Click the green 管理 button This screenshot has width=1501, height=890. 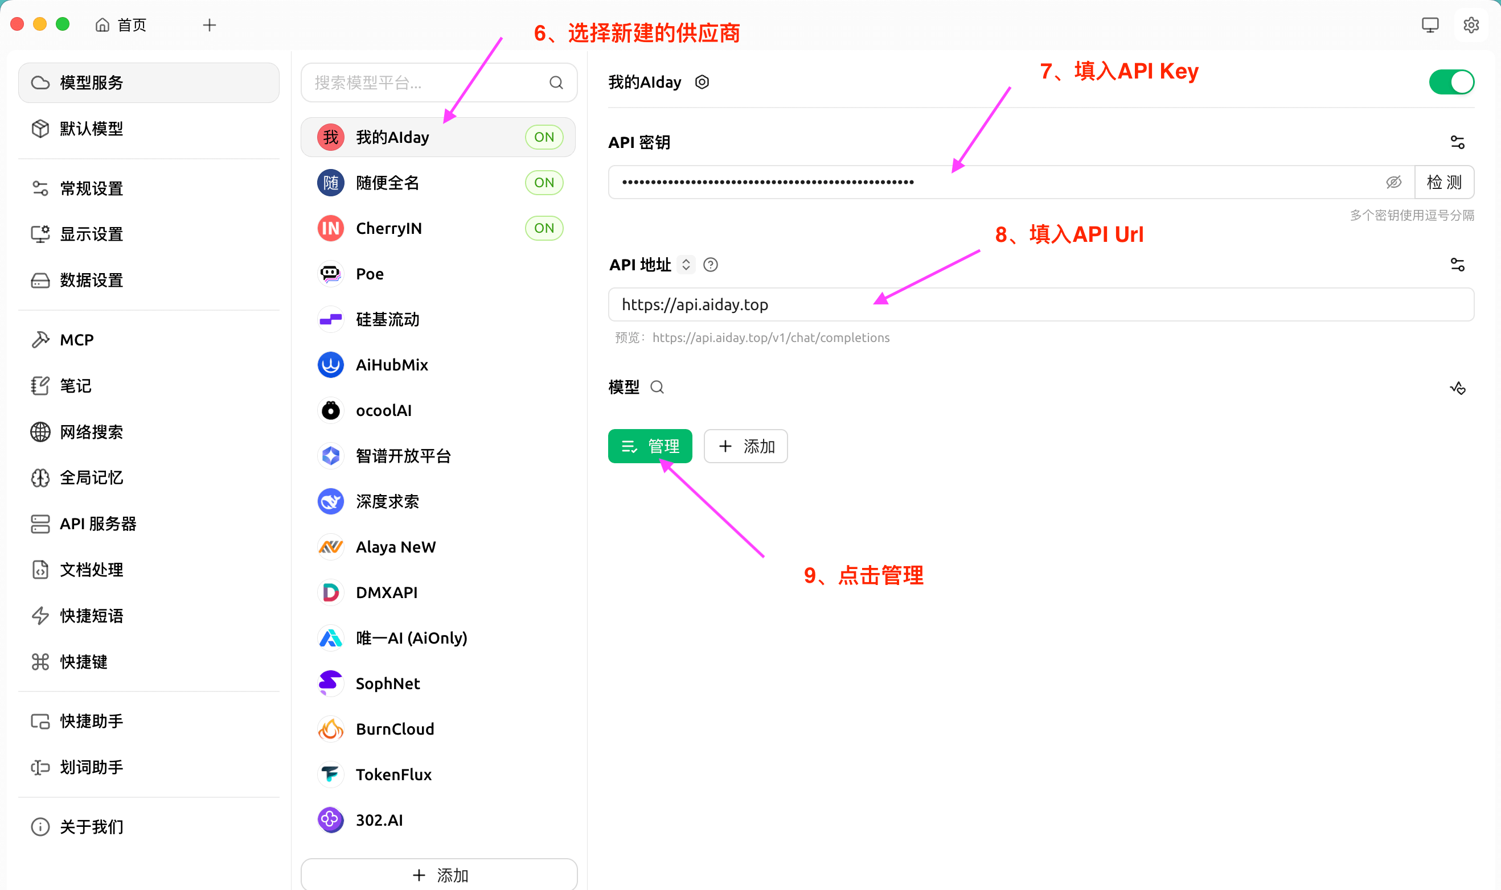coord(650,446)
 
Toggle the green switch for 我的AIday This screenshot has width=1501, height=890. coord(1451,82)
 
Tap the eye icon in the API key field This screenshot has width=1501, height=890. coord(1393,182)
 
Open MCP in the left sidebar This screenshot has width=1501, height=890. coord(77,340)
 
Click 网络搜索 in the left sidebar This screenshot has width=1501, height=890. coord(91,432)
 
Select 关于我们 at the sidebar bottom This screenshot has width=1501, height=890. coord(91,827)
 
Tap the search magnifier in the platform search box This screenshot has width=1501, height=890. coord(556,83)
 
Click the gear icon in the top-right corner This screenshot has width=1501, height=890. coord(1470,25)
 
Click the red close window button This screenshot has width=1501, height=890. coord(18,24)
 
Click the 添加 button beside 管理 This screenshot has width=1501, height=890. coord(745,446)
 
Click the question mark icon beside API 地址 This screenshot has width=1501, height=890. coord(710,265)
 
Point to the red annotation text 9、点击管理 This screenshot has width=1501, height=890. coord(863,576)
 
